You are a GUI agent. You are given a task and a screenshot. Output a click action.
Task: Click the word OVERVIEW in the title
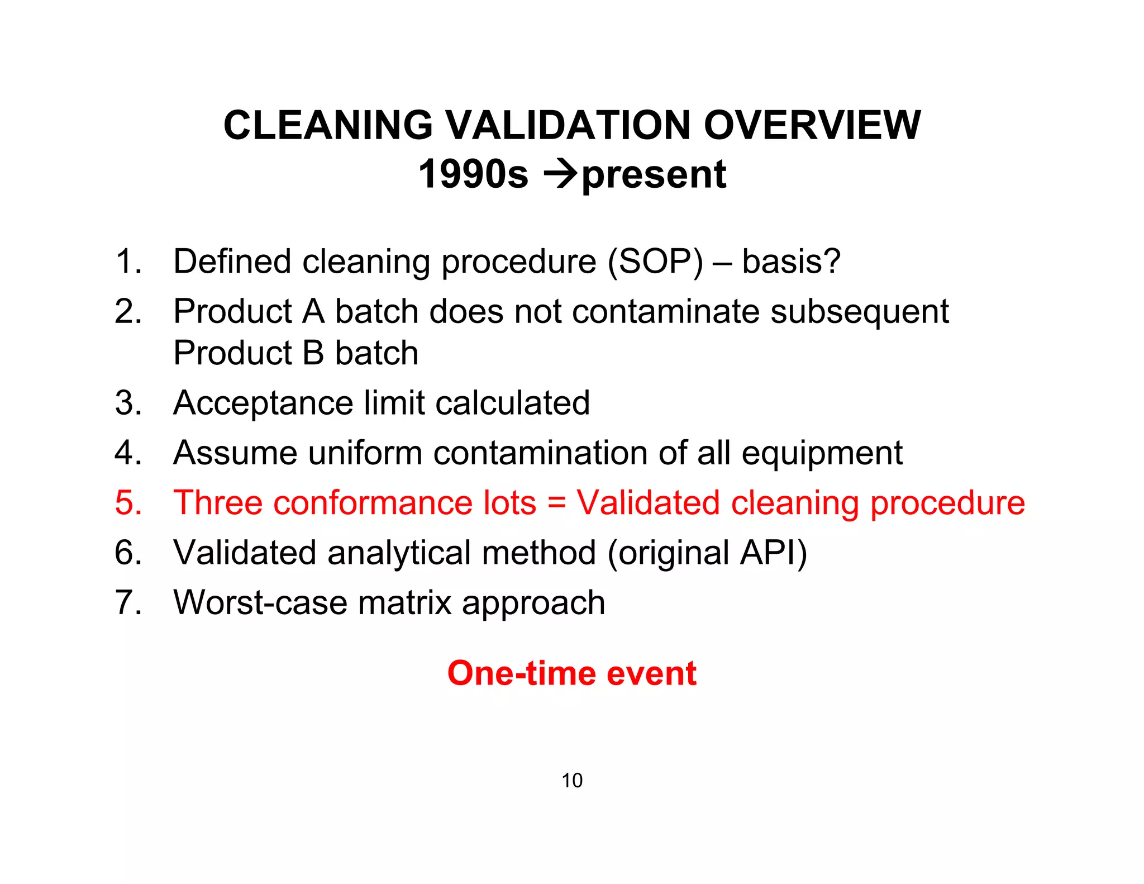click(x=812, y=125)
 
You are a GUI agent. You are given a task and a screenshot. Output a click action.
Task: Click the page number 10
click(x=572, y=781)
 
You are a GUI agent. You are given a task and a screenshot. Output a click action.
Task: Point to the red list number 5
click(x=128, y=502)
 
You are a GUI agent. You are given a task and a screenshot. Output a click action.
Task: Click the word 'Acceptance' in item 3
click(x=263, y=403)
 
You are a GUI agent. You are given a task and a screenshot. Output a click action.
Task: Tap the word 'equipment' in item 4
click(x=822, y=454)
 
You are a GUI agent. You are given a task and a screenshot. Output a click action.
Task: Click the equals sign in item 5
click(x=556, y=502)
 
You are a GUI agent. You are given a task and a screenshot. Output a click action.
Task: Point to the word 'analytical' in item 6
click(x=399, y=553)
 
